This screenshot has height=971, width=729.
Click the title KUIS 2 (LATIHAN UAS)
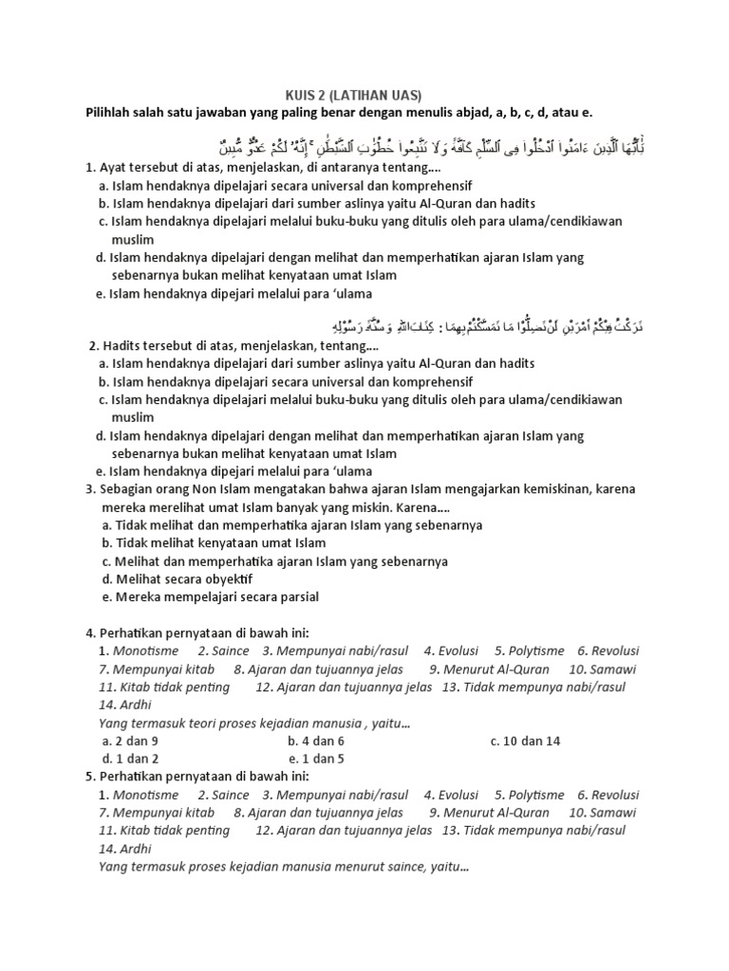tap(353, 95)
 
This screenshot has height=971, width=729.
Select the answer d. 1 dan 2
tap(130, 759)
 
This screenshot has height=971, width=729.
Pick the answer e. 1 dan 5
tap(315, 759)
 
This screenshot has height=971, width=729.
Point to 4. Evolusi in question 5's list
tap(451, 795)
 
